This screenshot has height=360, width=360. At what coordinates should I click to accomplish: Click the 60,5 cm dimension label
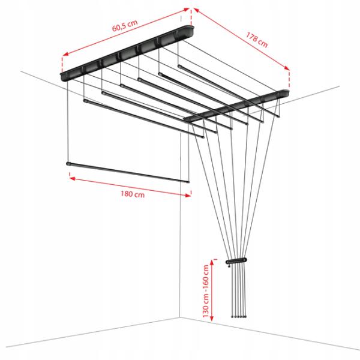tap(125, 25)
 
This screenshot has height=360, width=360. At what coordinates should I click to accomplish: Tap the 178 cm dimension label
tap(257, 40)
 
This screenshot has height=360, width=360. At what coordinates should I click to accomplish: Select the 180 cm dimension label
tap(133, 194)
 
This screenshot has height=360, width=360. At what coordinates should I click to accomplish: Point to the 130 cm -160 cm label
tap(206, 291)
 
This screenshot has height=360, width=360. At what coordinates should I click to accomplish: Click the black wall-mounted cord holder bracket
tap(236, 261)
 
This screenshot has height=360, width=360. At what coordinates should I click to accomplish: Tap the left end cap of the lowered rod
tap(68, 164)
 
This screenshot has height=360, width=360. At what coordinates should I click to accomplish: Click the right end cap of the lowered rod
tap(188, 182)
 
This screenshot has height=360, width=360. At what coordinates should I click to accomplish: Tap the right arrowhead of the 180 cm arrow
tap(188, 195)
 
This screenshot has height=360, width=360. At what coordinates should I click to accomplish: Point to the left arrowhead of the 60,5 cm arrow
tap(65, 54)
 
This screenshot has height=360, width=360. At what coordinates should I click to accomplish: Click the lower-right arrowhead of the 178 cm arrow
tap(287, 68)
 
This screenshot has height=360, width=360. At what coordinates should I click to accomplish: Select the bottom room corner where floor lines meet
tap(180, 317)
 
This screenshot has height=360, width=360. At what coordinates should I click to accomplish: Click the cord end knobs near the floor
tap(239, 316)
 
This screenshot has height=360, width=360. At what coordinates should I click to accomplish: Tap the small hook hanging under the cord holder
tap(229, 265)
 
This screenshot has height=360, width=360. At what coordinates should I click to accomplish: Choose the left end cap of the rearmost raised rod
tap(179, 67)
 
